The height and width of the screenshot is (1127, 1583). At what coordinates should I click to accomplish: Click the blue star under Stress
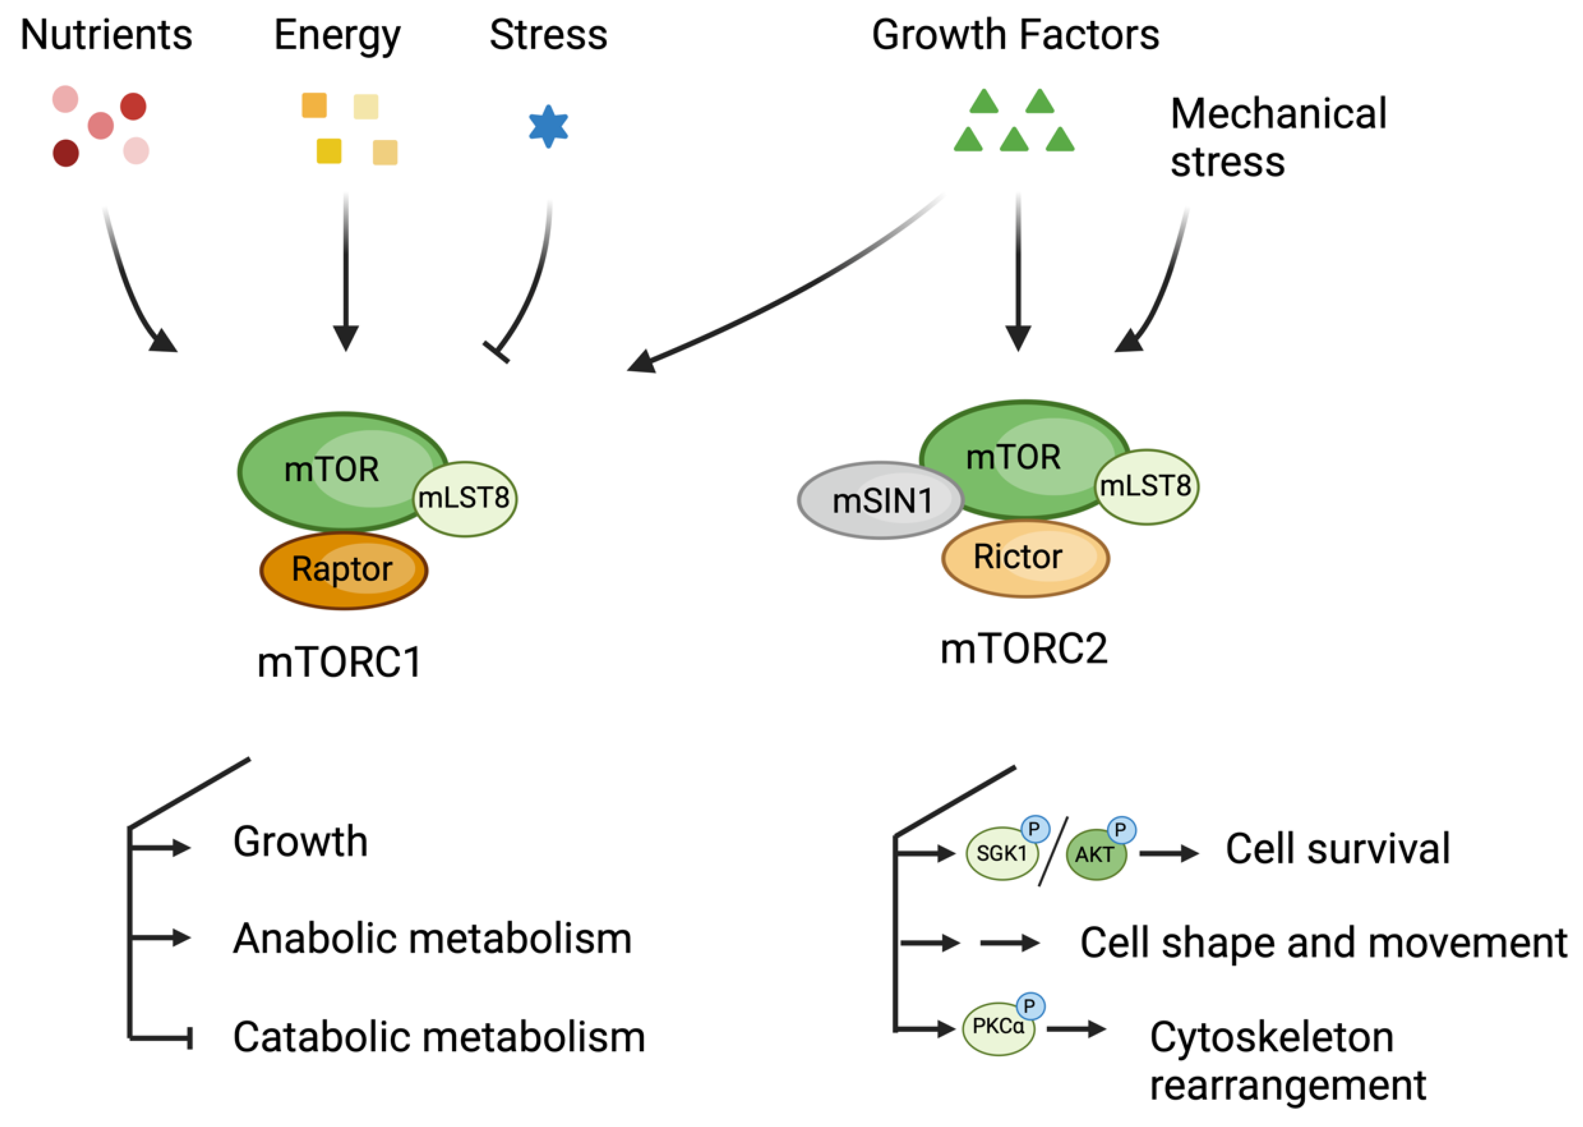(x=548, y=126)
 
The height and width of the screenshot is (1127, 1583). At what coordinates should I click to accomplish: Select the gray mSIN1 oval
(x=879, y=500)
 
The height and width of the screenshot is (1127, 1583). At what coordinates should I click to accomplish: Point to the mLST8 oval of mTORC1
(x=465, y=498)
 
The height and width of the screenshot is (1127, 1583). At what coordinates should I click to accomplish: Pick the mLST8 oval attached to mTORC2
(x=1146, y=486)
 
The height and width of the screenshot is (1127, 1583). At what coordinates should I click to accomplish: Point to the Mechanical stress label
(x=1277, y=138)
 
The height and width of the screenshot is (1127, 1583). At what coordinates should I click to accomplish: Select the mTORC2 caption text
(x=1023, y=650)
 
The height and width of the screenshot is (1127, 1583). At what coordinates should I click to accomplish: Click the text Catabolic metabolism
(x=439, y=1038)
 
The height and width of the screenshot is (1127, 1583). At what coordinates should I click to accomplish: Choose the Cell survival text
(x=1337, y=849)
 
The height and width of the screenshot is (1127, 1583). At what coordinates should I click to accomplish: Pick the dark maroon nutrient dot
(x=66, y=153)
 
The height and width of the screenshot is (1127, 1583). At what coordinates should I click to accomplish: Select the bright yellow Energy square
(x=329, y=151)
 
